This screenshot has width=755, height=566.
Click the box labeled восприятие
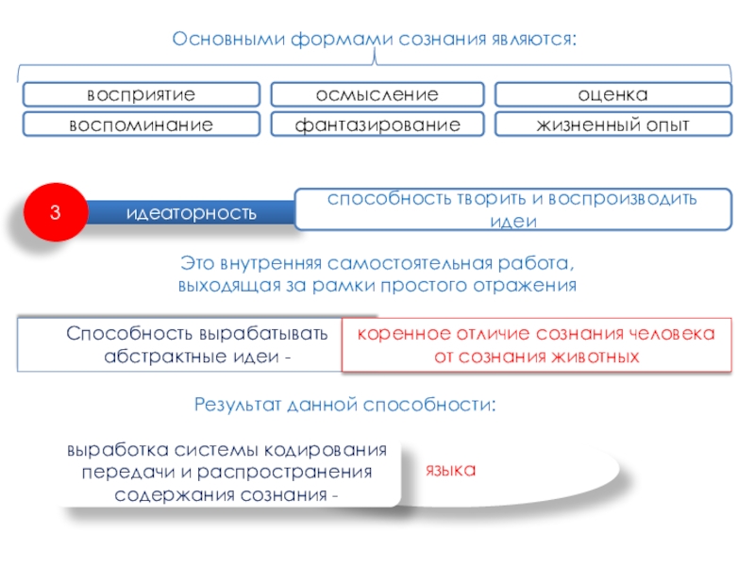[x=141, y=94]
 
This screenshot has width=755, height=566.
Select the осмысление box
[x=377, y=94]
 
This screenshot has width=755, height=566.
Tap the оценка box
[x=613, y=94]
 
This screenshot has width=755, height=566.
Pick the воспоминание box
[x=141, y=125]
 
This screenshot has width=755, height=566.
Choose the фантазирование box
[x=377, y=125]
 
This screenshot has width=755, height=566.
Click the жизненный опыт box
[x=613, y=125]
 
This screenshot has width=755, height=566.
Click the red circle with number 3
[x=56, y=213]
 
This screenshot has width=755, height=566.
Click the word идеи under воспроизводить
[x=514, y=222]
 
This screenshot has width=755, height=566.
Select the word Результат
[x=234, y=406]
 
